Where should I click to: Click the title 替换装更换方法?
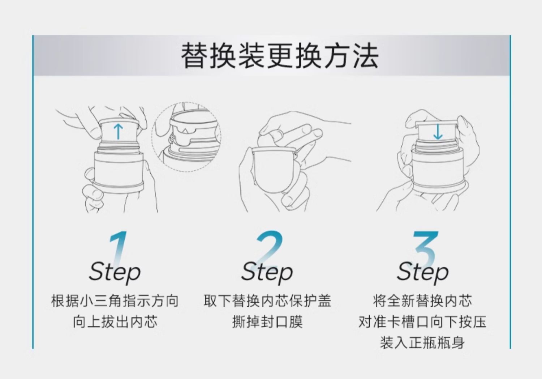280,56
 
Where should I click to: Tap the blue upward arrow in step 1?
118,131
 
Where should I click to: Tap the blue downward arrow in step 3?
438,132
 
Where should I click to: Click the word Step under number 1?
115,272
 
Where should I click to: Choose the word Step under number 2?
267,272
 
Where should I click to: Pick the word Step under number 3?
423,272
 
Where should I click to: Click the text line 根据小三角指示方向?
115,301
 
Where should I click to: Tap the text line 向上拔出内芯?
115,321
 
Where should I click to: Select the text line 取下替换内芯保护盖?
267,301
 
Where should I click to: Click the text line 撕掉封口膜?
267,321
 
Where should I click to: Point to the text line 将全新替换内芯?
422,301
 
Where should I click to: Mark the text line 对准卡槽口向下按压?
422,321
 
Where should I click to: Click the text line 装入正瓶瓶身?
422,342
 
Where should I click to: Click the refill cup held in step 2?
275,170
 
